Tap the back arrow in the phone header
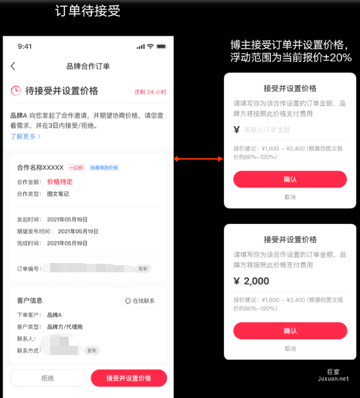(13, 66)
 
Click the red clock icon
(16, 91)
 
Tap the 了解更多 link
(25, 136)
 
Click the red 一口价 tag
(76, 167)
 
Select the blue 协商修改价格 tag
(104, 167)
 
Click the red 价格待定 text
(60, 182)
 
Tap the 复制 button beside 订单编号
(142, 269)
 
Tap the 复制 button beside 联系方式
(91, 350)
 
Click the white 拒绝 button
(47, 378)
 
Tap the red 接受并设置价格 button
(129, 378)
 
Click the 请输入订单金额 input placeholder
(267, 129)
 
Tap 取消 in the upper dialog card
(290, 197)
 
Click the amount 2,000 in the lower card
(256, 281)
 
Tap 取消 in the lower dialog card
(290, 348)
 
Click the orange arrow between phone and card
(199, 159)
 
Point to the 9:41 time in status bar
(25, 47)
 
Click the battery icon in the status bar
(161, 47)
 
